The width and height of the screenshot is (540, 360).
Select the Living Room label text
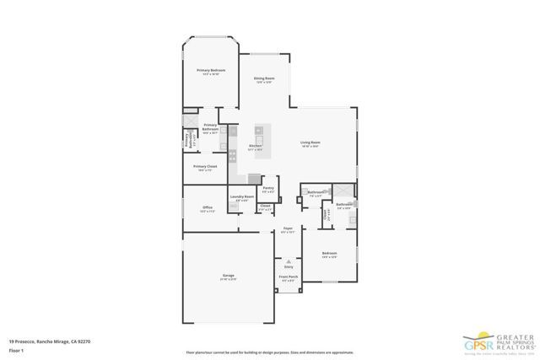point(310,143)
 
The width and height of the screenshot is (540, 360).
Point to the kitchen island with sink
point(259,135)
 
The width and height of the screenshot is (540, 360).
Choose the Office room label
point(207,209)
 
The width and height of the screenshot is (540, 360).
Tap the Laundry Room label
point(241,198)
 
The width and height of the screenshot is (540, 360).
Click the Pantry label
point(268,190)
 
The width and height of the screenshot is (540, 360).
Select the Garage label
point(228,277)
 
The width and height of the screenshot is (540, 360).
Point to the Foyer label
point(288,229)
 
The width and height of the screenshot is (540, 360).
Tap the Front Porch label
point(289,277)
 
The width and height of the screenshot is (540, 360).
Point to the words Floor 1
point(17,351)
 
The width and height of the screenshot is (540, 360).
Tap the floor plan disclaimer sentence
point(269,352)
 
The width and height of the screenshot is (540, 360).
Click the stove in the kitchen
point(232,156)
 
